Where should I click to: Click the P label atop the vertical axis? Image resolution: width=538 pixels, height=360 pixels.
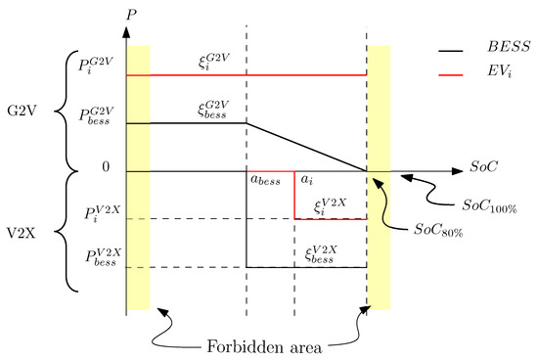(x=132, y=15)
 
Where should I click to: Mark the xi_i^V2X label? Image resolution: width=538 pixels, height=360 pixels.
(x=331, y=204)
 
